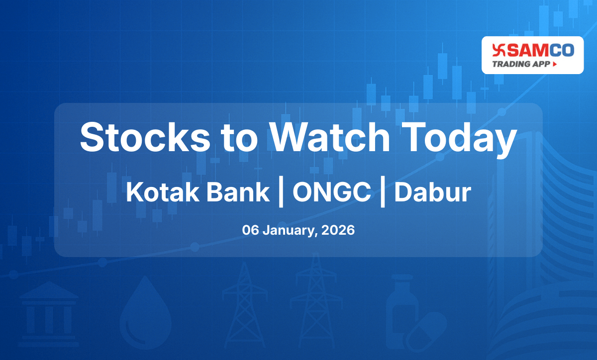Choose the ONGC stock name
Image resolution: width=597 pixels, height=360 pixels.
click(331, 192)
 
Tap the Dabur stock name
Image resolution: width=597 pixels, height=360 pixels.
click(432, 192)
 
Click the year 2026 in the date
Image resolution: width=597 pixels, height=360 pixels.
click(338, 231)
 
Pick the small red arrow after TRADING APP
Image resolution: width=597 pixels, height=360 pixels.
click(554, 64)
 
